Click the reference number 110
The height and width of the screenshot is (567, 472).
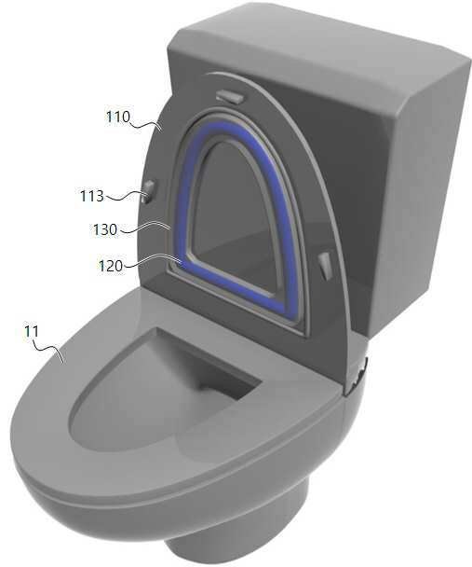coord(117,117)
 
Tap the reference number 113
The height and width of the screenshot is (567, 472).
coord(91,196)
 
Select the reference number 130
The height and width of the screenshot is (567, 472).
coord(105,229)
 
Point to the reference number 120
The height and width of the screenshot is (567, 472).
coord(111,266)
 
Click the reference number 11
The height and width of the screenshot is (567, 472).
coord(31,331)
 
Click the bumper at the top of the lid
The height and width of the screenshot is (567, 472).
coord(230,96)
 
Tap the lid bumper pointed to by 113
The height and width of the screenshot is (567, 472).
coord(148,191)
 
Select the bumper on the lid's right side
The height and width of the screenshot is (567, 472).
coord(326,266)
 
